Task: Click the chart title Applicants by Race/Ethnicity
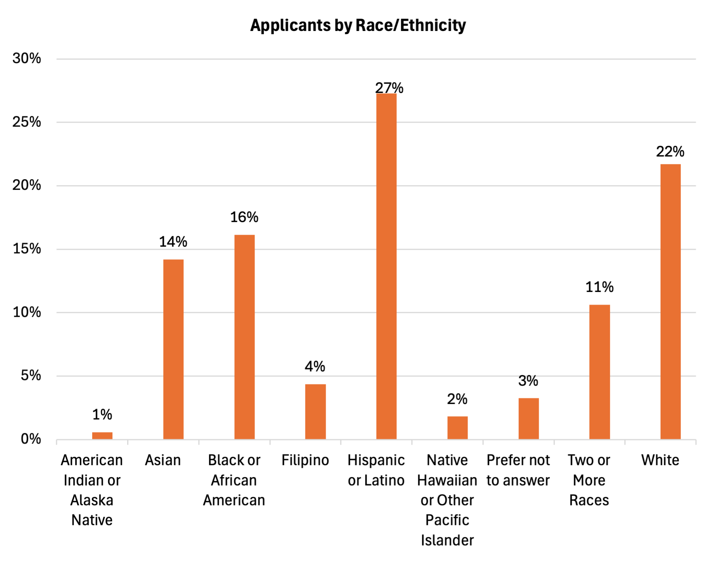pyautogui.click(x=358, y=25)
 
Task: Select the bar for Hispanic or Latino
pyautogui.click(x=386, y=266)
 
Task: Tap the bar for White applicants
pyautogui.click(x=671, y=301)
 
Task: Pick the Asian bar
pyautogui.click(x=173, y=349)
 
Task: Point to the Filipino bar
pyautogui.click(x=315, y=411)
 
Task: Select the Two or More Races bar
pyautogui.click(x=599, y=372)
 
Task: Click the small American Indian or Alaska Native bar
pyautogui.click(x=102, y=436)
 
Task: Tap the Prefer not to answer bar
pyautogui.click(x=529, y=418)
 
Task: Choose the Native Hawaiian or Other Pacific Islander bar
pyautogui.click(x=458, y=427)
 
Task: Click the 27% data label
pyautogui.click(x=389, y=88)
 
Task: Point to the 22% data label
pyautogui.click(x=670, y=151)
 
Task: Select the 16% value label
pyautogui.click(x=244, y=217)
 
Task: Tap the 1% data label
pyautogui.click(x=102, y=415)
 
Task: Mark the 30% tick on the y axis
pyautogui.click(x=27, y=58)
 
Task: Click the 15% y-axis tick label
pyautogui.click(x=27, y=249)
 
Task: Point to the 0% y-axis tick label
pyautogui.click(x=31, y=439)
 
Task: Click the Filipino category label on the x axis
pyautogui.click(x=305, y=460)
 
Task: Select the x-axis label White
pyautogui.click(x=660, y=460)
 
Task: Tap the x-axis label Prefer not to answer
pyautogui.click(x=518, y=470)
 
